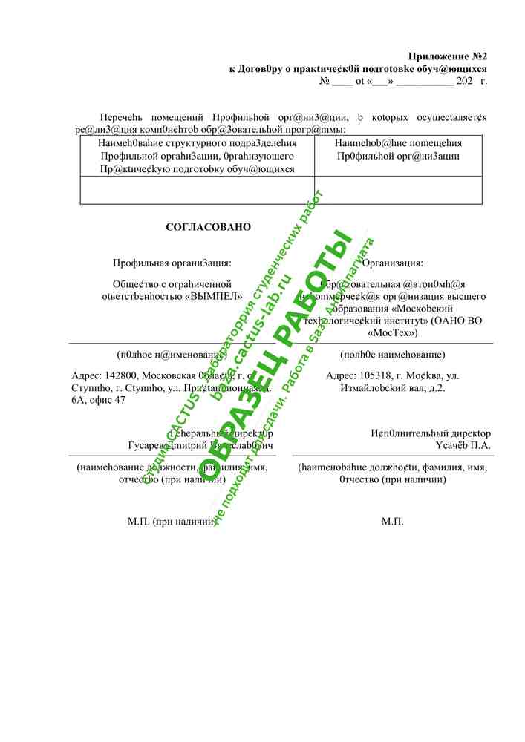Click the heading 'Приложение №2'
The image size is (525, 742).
pyautogui.click(x=448, y=56)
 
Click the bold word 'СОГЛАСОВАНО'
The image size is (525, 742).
pyautogui.click(x=209, y=227)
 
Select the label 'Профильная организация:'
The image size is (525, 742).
pyautogui.click(x=172, y=263)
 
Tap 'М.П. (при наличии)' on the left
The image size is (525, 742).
pyautogui.click(x=172, y=522)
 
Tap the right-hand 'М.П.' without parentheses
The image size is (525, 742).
pyautogui.click(x=393, y=522)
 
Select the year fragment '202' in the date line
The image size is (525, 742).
pyautogui.click(x=465, y=81)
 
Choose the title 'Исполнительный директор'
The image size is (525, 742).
pyautogui.click(x=431, y=433)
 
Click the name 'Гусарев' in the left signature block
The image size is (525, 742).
pyautogui.click(x=146, y=446)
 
